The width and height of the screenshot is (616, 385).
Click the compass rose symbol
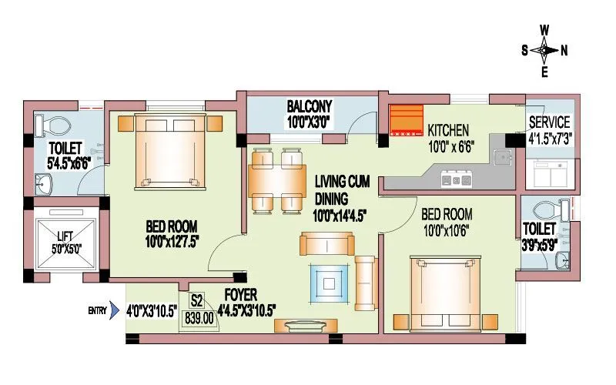tap(544, 52)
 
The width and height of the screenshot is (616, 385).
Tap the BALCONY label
tap(309, 105)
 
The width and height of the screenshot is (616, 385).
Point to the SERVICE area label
tap(549, 122)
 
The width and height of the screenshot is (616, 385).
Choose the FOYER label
tap(241, 295)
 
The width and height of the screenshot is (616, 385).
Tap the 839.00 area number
tap(200, 316)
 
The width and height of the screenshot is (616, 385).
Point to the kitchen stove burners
tap(455, 181)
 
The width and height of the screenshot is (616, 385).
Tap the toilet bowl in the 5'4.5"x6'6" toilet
tap(57, 125)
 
